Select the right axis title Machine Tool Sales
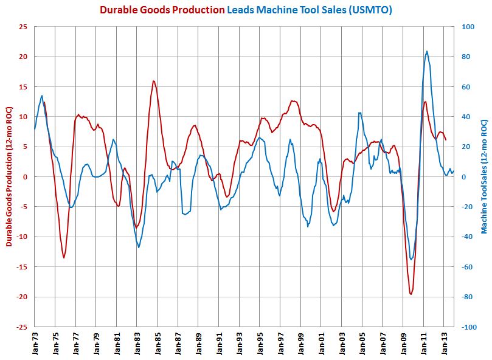tap(484, 176)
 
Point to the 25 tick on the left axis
tap(23, 27)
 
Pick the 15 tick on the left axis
tap(23, 86)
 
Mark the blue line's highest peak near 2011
tap(427, 51)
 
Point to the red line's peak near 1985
tap(153, 81)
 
